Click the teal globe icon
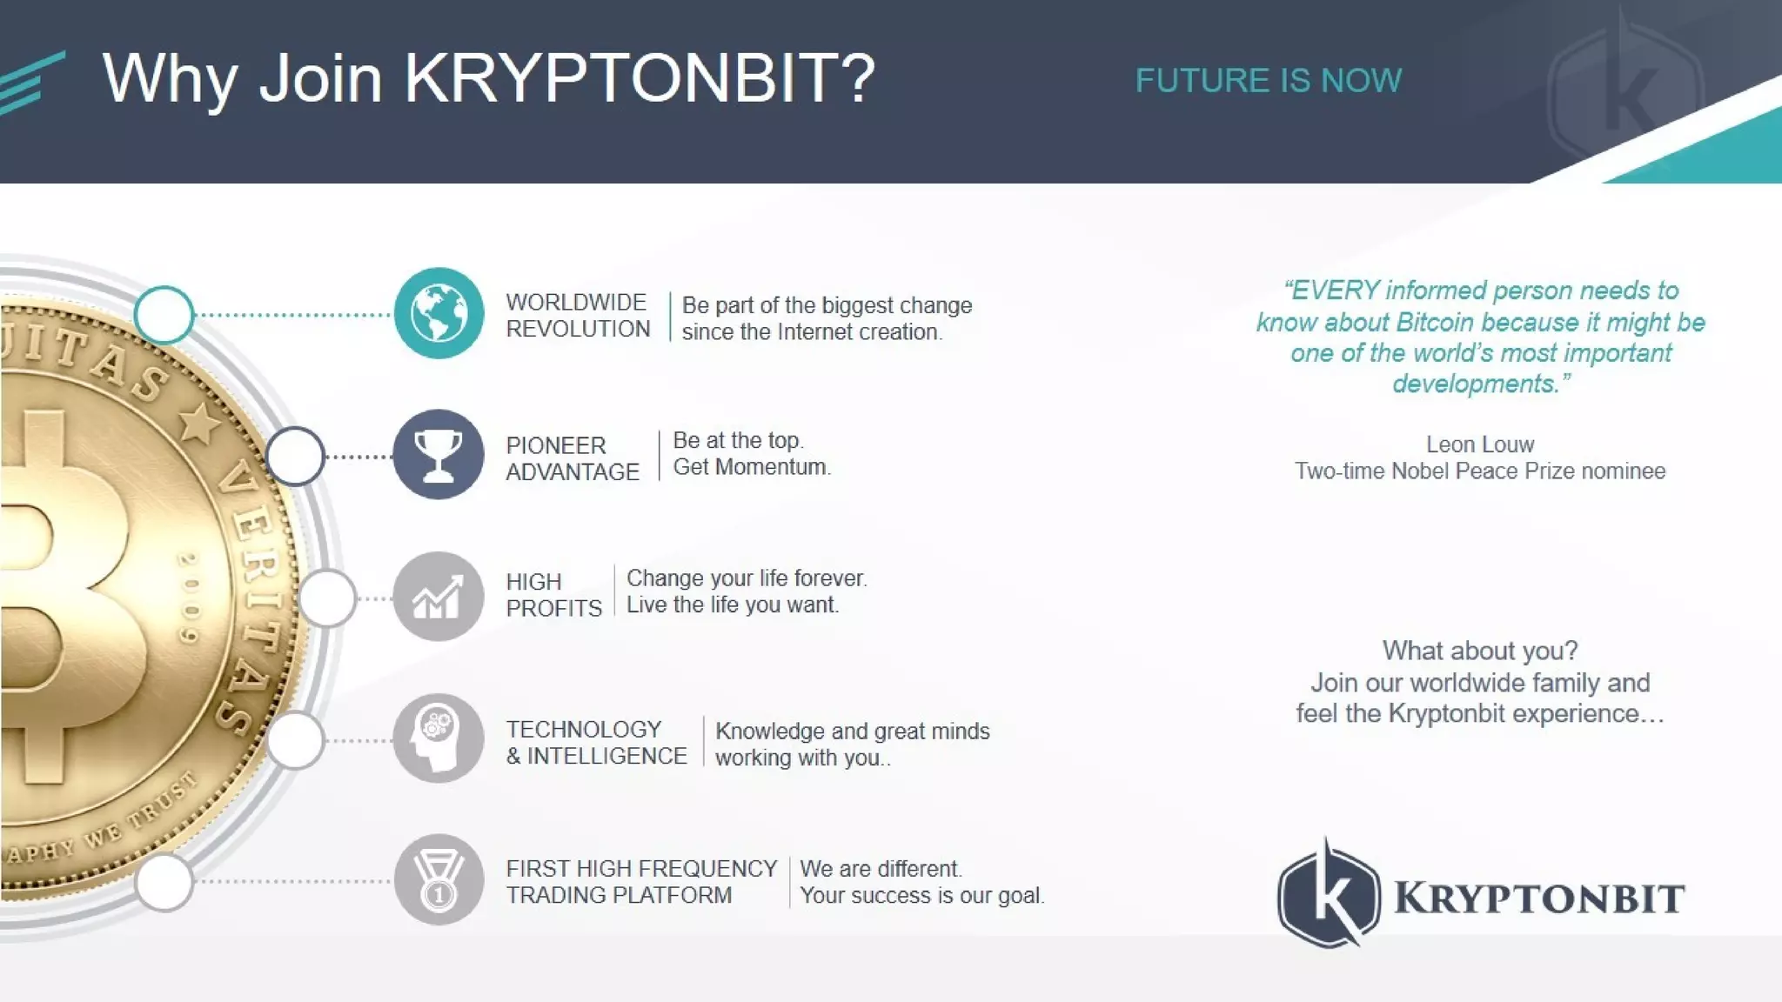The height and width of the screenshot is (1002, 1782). click(439, 313)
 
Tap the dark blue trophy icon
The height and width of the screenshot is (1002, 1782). click(439, 454)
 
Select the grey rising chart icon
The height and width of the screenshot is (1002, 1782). click(439, 597)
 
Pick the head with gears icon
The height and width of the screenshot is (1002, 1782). click(439, 738)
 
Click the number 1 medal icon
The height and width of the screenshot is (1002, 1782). click(439, 879)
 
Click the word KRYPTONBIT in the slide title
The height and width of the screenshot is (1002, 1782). click(639, 78)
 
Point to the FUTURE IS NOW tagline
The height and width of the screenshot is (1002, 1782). click(1268, 81)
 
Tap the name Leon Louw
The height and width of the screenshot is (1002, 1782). click(1479, 444)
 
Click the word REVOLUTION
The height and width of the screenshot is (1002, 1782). click(578, 329)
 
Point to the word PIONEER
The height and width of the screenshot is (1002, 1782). click(555, 445)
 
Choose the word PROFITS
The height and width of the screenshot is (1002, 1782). click(553, 608)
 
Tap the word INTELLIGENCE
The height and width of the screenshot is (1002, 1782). click(606, 756)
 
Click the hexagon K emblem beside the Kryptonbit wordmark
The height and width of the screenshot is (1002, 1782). click(1329, 895)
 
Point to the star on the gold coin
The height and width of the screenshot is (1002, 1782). click(199, 424)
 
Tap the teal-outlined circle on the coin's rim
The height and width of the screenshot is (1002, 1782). click(164, 314)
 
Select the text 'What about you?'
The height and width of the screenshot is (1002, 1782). click(1479, 651)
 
